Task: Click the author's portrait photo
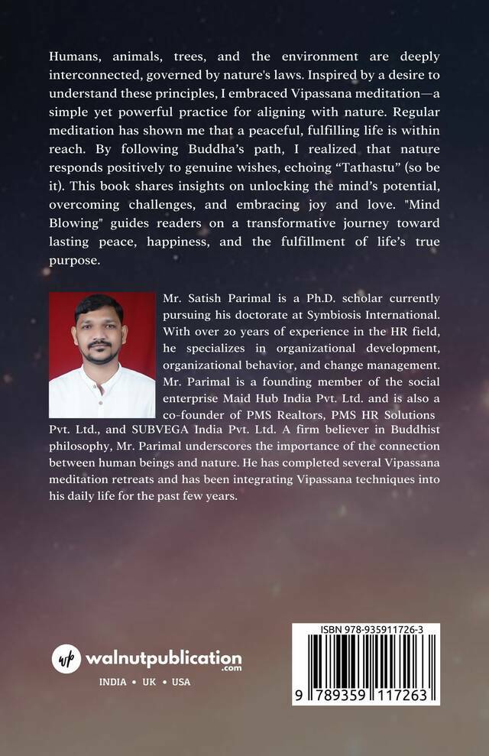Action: (x=102, y=355)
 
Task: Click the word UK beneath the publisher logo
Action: (x=149, y=682)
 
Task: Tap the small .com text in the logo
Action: (x=231, y=668)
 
